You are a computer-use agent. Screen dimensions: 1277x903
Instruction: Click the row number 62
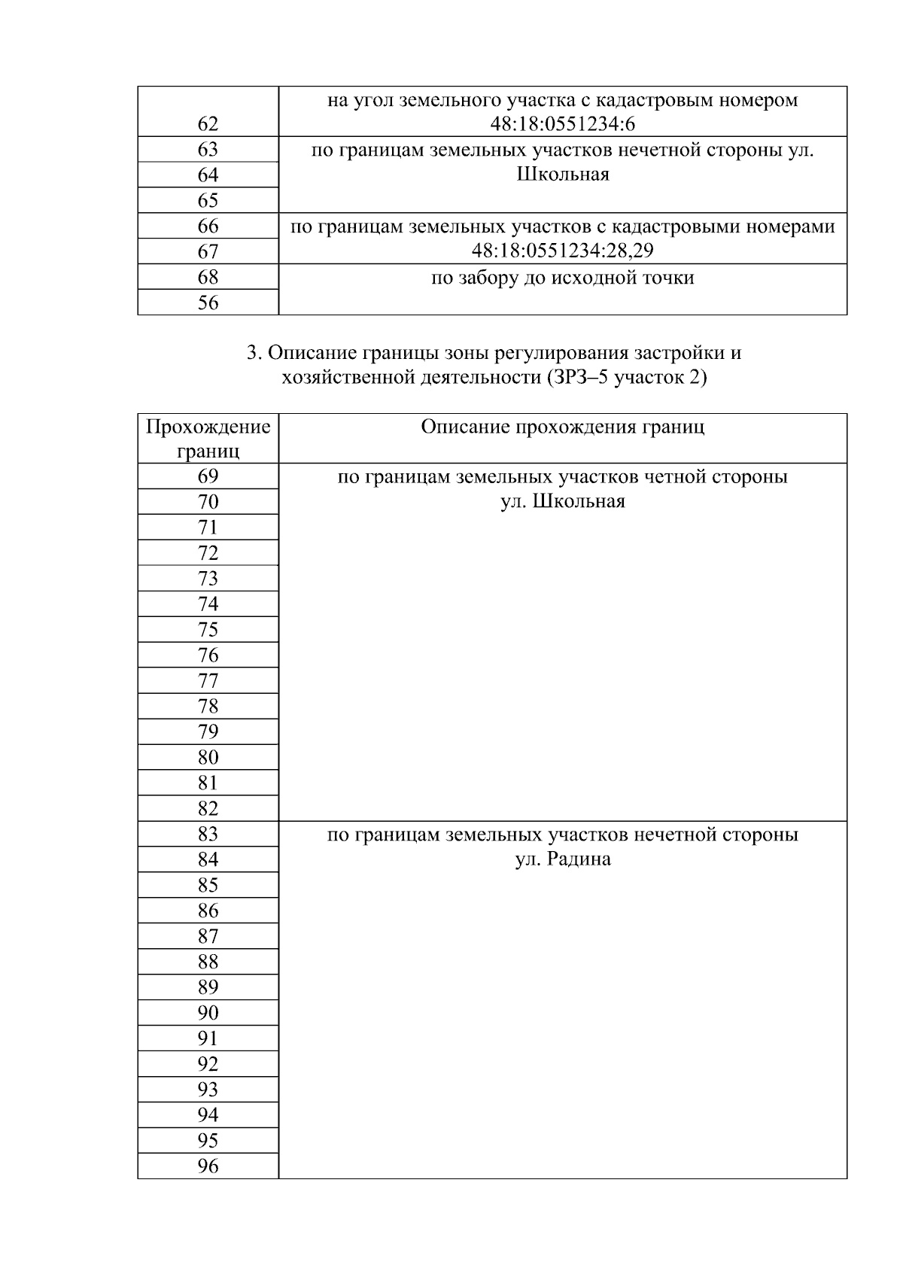pos(208,124)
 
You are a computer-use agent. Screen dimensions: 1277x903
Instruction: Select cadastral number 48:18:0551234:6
pos(563,124)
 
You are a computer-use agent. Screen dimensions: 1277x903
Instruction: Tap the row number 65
pos(208,200)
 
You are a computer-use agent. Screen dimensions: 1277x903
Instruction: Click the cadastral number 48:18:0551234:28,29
pos(563,251)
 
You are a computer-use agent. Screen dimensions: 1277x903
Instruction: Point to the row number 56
pos(208,303)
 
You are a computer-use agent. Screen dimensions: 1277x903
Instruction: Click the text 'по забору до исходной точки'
pos(563,278)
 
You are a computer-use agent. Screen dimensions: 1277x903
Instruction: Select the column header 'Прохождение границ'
pos(208,439)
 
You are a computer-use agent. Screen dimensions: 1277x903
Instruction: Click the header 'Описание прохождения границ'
pos(563,427)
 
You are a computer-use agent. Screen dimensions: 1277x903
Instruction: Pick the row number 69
pos(208,476)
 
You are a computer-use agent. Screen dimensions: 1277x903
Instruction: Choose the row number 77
pos(208,681)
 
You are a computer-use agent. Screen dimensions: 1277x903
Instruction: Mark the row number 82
pos(208,808)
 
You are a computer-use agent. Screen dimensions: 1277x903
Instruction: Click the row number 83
pos(208,834)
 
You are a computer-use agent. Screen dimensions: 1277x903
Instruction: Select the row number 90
pos(208,1013)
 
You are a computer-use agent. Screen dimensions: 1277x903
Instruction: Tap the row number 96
pos(208,1166)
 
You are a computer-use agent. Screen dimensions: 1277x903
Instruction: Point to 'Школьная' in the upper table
pos(563,175)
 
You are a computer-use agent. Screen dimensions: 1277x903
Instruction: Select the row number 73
pos(208,579)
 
